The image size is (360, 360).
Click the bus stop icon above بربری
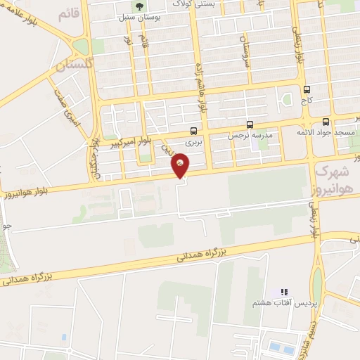193,130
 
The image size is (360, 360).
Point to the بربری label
193,141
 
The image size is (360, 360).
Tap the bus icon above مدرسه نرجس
250,124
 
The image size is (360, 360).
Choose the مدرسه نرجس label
250,134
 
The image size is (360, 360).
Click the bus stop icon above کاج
307,89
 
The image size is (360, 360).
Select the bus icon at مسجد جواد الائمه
335,121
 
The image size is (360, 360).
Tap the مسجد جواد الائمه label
335,131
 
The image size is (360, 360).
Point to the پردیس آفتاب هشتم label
285,302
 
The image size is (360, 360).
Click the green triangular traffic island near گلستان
80,47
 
